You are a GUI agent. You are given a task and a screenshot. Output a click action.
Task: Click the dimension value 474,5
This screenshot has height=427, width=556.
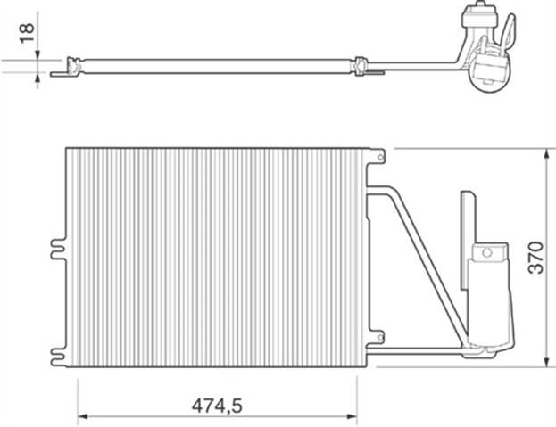[217, 406]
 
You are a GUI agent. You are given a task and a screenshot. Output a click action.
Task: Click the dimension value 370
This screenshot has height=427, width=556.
[535, 258]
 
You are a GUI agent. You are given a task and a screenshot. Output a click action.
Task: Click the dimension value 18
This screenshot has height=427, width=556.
[27, 33]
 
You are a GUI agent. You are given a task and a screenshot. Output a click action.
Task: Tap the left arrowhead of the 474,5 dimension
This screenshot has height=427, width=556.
[82, 416]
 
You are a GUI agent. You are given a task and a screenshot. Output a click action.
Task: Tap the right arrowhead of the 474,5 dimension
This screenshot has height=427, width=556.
[353, 416]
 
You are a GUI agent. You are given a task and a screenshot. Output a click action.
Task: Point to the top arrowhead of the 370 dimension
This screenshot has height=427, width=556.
[548, 154]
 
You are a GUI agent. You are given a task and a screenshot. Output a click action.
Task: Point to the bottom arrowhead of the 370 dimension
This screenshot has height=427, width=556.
[548, 362]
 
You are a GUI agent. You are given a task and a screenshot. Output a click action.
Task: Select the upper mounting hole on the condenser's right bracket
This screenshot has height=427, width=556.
[380, 157]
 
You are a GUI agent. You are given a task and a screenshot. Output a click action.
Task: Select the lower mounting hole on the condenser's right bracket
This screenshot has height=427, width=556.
[380, 337]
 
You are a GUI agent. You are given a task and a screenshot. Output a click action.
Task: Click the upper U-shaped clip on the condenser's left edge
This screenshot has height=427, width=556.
[58, 250]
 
